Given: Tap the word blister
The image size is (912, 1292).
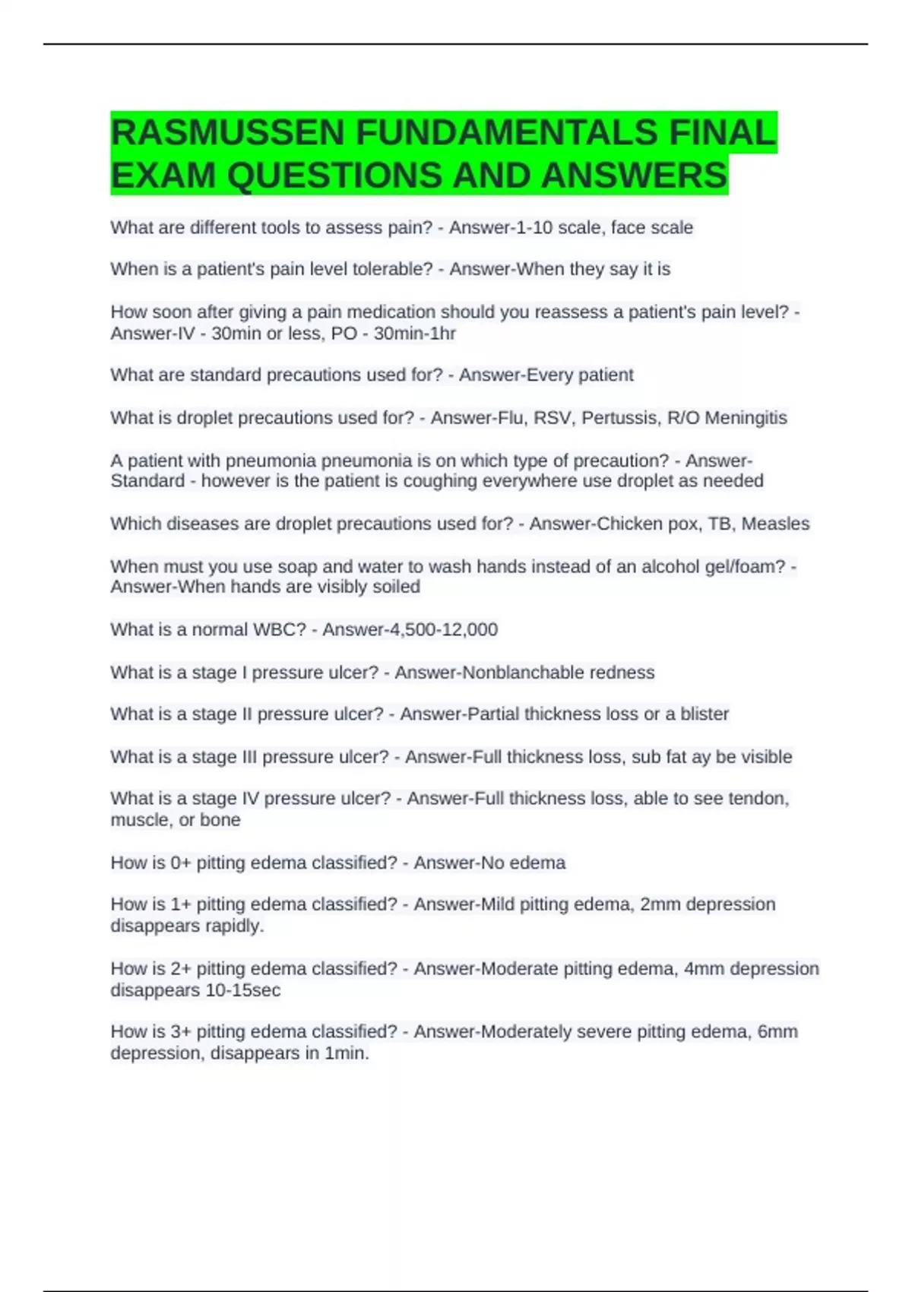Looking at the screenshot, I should (704, 714).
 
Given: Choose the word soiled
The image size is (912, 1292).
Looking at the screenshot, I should (396, 587).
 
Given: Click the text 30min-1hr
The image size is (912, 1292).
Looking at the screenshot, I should (414, 334).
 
